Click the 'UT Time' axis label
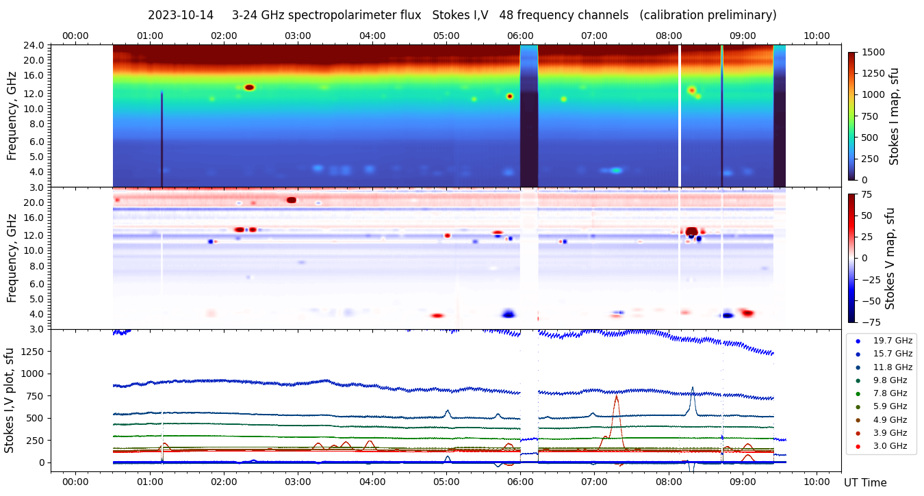click(x=865, y=482)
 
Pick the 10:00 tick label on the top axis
click(x=817, y=36)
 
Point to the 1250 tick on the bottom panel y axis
click(x=34, y=351)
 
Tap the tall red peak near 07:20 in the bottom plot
click(x=617, y=396)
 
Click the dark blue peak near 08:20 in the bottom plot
click(x=692, y=389)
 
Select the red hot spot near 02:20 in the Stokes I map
click(x=249, y=88)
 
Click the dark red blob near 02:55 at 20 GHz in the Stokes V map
click(x=292, y=200)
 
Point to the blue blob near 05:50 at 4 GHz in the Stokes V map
click(x=508, y=314)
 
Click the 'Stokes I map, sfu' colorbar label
click(x=895, y=116)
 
